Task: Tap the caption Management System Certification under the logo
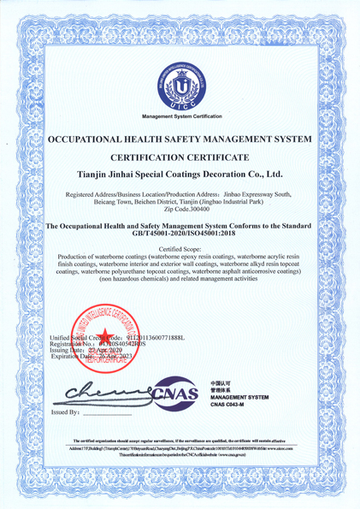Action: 180,115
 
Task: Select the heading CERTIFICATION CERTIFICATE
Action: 180,157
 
